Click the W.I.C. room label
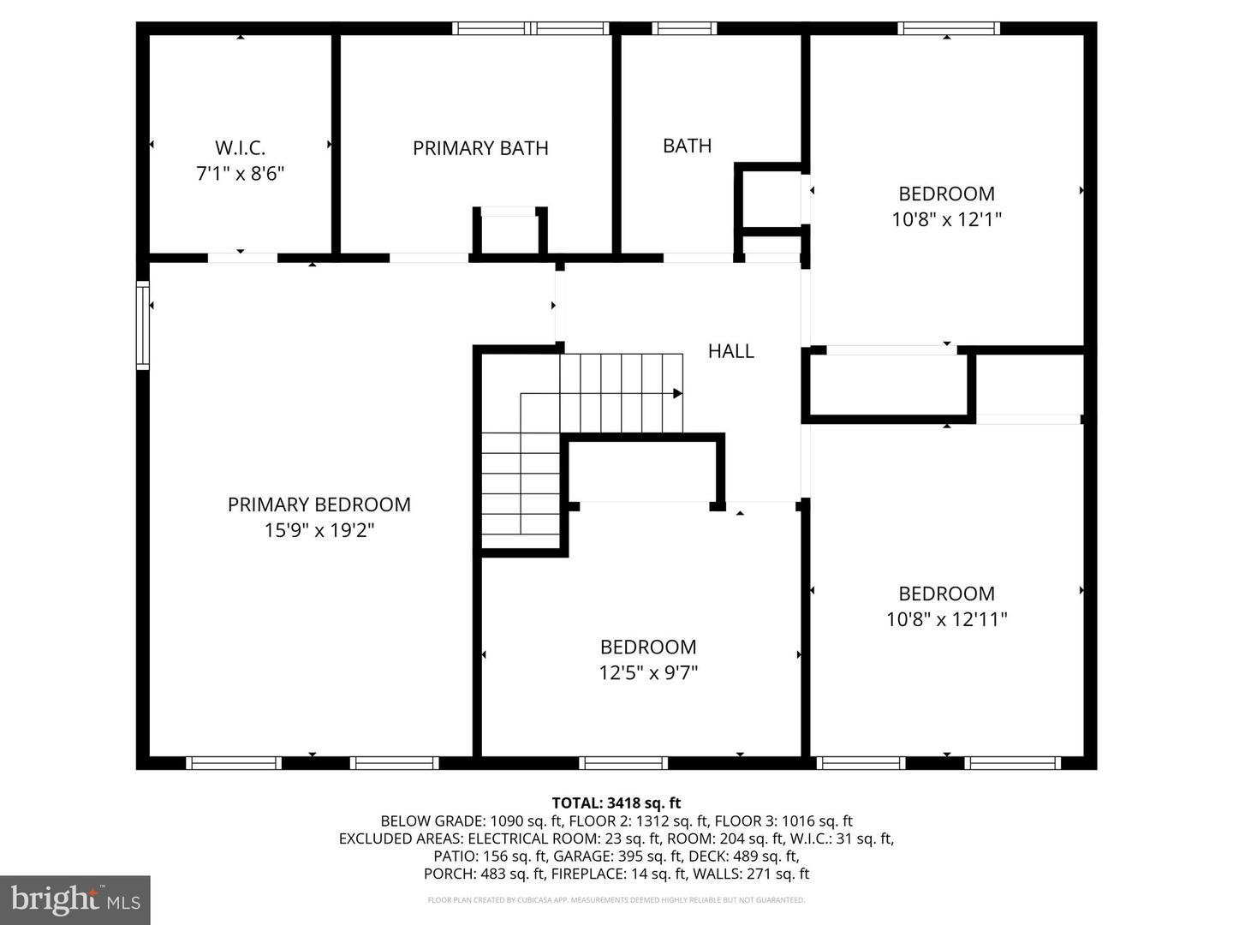pyautogui.click(x=240, y=147)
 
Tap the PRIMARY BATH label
pyautogui.click(x=480, y=148)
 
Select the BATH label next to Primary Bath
pyautogui.click(x=687, y=146)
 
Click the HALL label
pyautogui.click(x=730, y=350)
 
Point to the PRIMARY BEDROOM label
pyautogui.click(x=319, y=504)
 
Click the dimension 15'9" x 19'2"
pyautogui.click(x=319, y=530)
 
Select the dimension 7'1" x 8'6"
pyautogui.click(x=240, y=174)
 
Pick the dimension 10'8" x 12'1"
pyautogui.click(x=946, y=219)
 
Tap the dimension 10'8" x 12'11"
pyautogui.click(x=946, y=619)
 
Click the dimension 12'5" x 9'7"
pyautogui.click(x=648, y=673)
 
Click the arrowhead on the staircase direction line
pyautogui.click(x=677, y=393)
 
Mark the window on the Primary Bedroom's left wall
pyautogui.click(x=143, y=325)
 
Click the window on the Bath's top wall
pyautogui.click(x=684, y=28)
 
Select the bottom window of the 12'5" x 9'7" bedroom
pyautogui.click(x=622, y=763)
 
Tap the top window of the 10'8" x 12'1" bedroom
pyautogui.click(x=948, y=28)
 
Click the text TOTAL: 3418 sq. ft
pyautogui.click(x=616, y=803)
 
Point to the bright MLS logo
pyautogui.click(x=75, y=899)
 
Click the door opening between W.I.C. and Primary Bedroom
pyautogui.click(x=242, y=257)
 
